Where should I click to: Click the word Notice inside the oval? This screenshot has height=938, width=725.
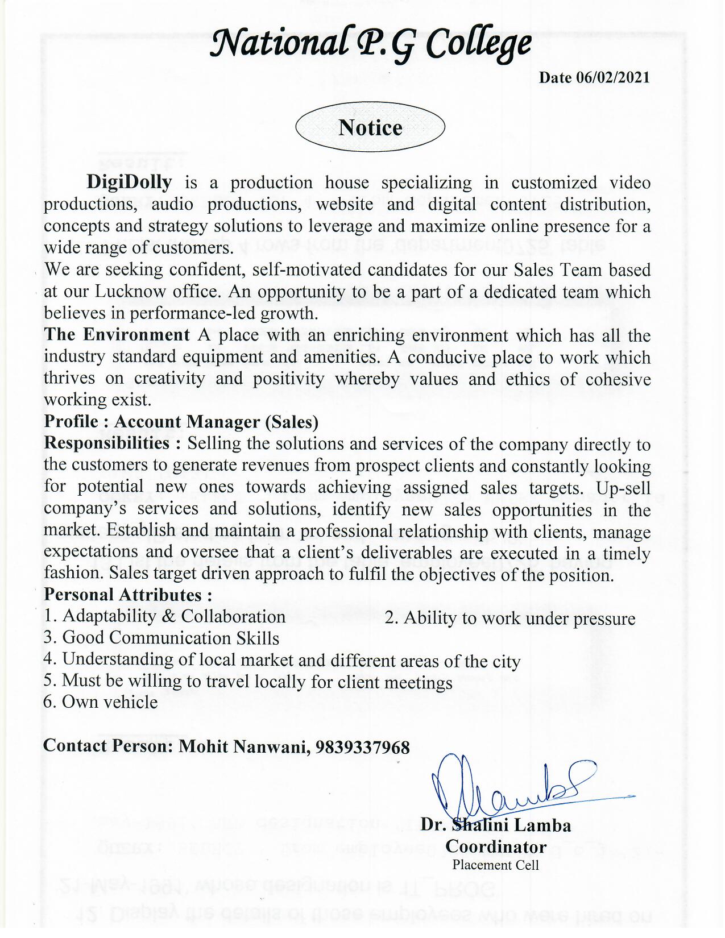click(370, 127)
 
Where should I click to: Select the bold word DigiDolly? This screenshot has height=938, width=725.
click(129, 182)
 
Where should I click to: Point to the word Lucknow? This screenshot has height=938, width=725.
click(130, 291)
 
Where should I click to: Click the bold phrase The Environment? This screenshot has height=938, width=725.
click(117, 334)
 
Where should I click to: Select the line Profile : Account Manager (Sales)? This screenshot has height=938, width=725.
click(181, 421)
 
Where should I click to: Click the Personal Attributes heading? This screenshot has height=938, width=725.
click(128, 595)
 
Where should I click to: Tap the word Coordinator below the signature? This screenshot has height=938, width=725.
click(496, 846)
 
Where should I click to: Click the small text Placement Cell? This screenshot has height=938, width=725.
click(495, 865)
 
